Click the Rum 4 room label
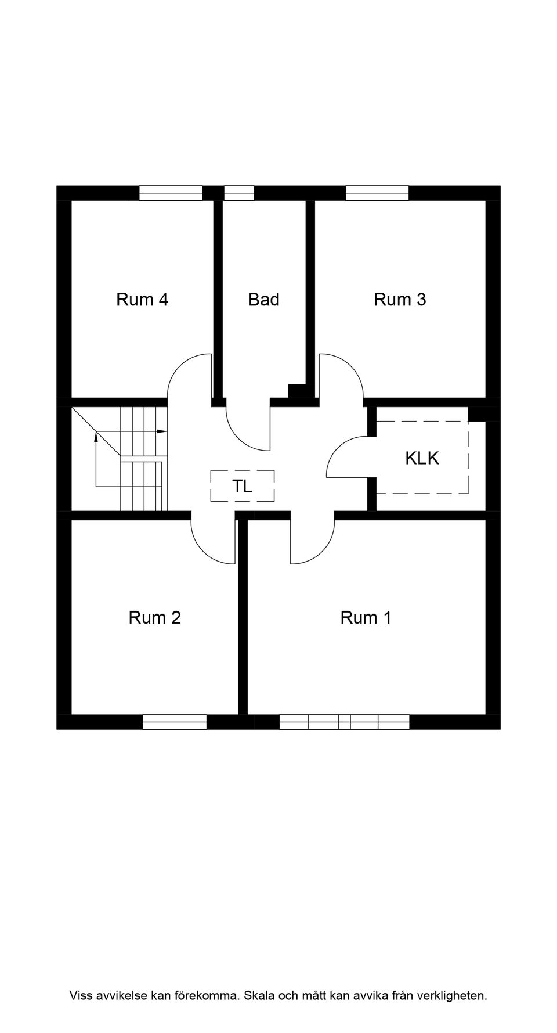142,300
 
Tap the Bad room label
264,300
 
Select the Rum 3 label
400,300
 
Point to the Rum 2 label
155,618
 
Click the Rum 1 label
366,618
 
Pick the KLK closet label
422,458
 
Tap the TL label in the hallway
243,487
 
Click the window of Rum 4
171,193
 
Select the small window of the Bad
239,193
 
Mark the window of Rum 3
377,193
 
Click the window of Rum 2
175,722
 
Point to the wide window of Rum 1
345,722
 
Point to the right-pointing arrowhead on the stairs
162,431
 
